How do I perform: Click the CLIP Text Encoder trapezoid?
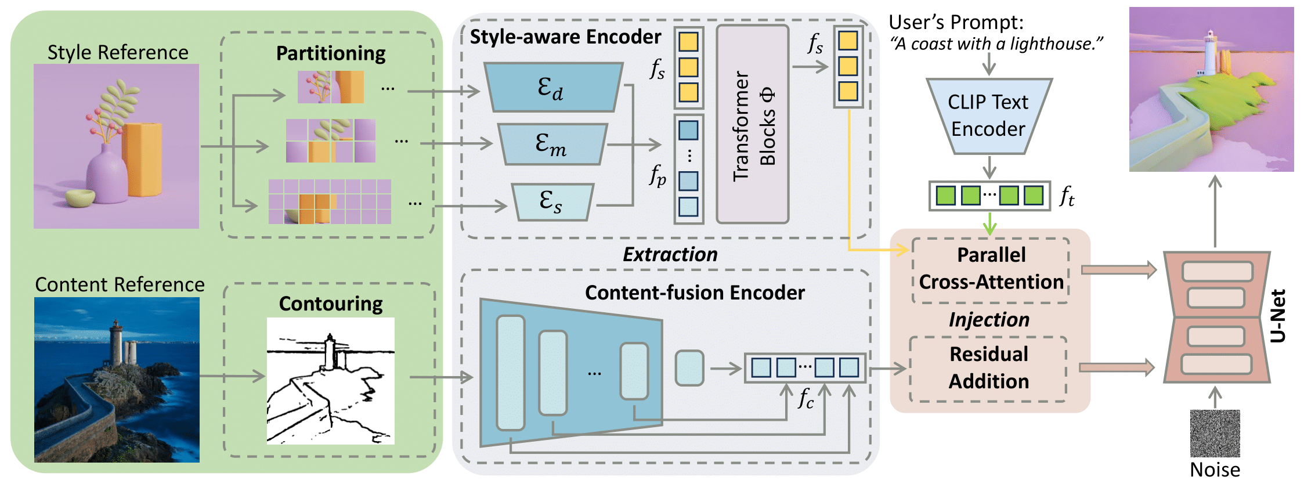coord(988,116)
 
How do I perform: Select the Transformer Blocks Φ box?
coord(753,124)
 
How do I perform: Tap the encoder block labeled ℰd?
coord(553,88)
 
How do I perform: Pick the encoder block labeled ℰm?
coord(552,144)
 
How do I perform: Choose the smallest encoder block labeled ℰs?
coord(552,202)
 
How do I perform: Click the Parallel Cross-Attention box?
coord(991,269)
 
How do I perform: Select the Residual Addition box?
coord(988,368)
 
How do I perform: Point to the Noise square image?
coord(1215,433)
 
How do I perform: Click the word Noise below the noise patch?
coord(1215,469)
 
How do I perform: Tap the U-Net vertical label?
coord(1278,316)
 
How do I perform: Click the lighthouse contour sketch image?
coord(330,381)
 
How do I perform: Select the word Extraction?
coord(670,254)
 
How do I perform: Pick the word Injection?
coord(989,320)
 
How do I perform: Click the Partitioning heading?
coord(330,53)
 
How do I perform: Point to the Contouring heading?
coord(330,304)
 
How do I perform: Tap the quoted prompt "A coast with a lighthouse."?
coord(996,44)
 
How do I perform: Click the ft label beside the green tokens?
coord(1067,196)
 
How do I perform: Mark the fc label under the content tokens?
coord(805,398)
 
